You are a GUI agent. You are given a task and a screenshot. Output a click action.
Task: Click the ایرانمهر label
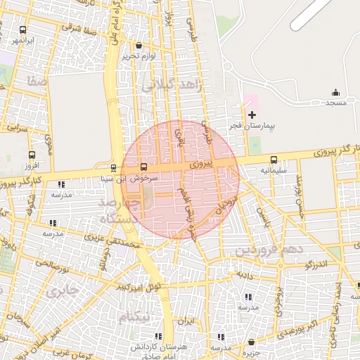(x=22, y=41)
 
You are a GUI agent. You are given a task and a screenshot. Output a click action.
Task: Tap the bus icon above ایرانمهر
(x=23, y=30)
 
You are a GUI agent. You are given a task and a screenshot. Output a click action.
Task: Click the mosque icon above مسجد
(x=335, y=93)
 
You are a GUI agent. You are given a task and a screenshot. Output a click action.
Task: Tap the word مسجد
(x=335, y=103)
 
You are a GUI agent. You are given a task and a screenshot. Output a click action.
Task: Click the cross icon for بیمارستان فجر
(x=252, y=115)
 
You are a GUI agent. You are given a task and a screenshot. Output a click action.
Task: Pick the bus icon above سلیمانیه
(x=274, y=160)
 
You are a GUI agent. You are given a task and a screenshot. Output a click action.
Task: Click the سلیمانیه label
(x=274, y=170)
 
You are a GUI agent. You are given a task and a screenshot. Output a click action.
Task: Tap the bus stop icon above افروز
(x=32, y=155)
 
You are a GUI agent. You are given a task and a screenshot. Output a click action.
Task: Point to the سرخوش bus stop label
(x=143, y=178)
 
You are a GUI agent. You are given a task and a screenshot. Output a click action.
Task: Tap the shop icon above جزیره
(x=252, y=342)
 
